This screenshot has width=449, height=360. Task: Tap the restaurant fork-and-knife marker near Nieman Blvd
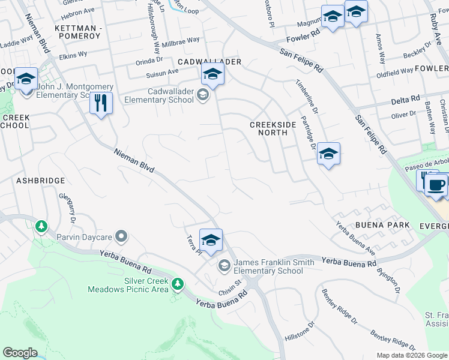coord(101,103)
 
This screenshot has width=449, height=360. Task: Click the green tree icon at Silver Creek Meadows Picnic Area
coord(177,283)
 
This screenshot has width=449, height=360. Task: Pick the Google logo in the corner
coord(20,353)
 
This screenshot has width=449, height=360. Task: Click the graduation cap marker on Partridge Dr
coord(328,154)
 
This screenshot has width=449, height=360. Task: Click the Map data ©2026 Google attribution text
coord(411,355)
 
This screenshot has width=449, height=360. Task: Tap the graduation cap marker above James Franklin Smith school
coord(211,241)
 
